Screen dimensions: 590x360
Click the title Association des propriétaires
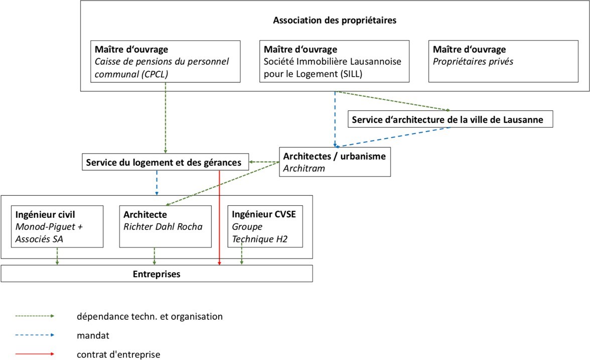click(335, 20)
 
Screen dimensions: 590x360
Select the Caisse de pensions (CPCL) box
click(165, 61)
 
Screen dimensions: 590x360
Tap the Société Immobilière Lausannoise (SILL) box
click(334, 61)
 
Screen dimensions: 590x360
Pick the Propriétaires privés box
click(503, 61)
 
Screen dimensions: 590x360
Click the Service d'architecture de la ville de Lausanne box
click(450, 119)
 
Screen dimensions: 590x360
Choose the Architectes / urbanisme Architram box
click(335, 162)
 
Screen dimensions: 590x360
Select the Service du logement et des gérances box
click(165, 162)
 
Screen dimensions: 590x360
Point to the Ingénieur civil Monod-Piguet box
click(57, 226)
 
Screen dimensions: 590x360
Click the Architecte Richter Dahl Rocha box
click(165, 226)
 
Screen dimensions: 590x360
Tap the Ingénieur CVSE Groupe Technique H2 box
click(265, 226)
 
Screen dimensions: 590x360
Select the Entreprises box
click(157, 274)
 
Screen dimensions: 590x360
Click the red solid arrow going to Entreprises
click(219, 218)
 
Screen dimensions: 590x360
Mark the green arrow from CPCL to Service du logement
click(165, 118)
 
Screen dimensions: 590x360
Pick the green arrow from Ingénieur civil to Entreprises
click(57, 257)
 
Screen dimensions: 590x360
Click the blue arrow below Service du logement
click(157, 183)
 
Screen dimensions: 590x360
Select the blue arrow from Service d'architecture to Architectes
click(393, 137)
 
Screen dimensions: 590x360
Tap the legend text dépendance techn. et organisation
click(150, 316)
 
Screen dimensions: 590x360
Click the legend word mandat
click(93, 335)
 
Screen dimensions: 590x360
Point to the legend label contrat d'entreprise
click(118, 354)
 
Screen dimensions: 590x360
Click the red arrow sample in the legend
click(35, 354)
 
